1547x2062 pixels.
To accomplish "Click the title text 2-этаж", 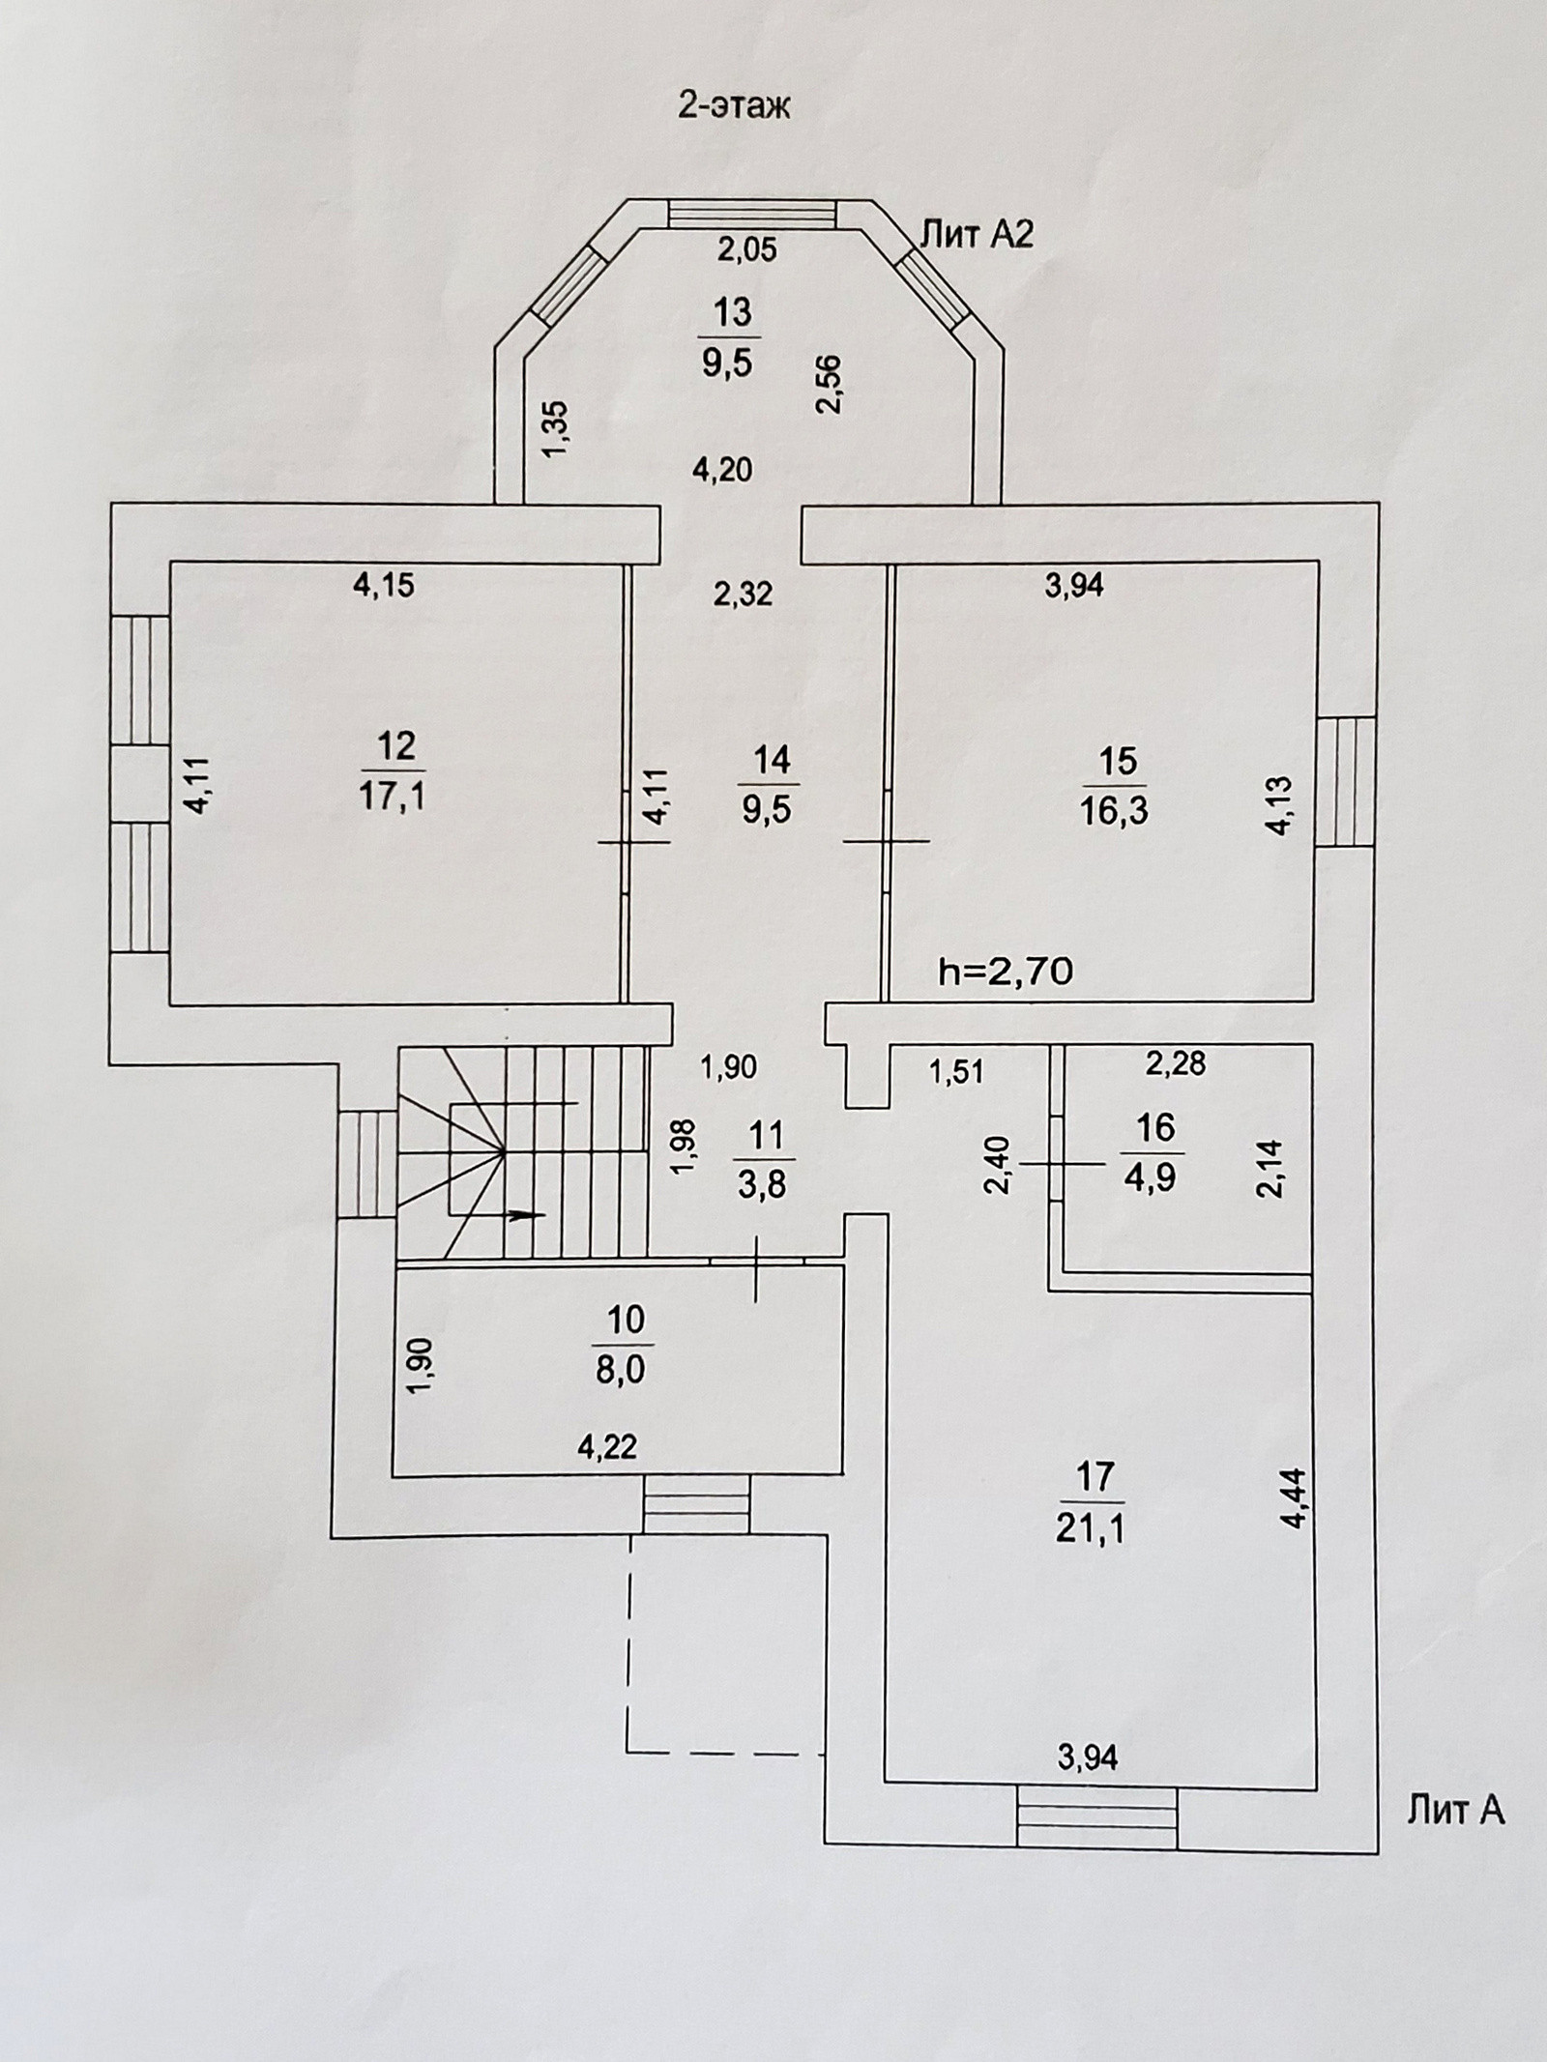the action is (x=733, y=105).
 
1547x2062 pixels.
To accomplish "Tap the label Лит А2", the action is (x=976, y=235).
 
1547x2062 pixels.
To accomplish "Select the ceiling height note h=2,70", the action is (x=1007, y=973).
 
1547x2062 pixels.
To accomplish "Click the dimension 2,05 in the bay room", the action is (x=746, y=250).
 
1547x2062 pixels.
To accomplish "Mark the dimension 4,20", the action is (x=723, y=470).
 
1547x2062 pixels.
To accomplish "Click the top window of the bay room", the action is (x=752, y=214).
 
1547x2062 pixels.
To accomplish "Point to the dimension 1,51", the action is (x=955, y=1071).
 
